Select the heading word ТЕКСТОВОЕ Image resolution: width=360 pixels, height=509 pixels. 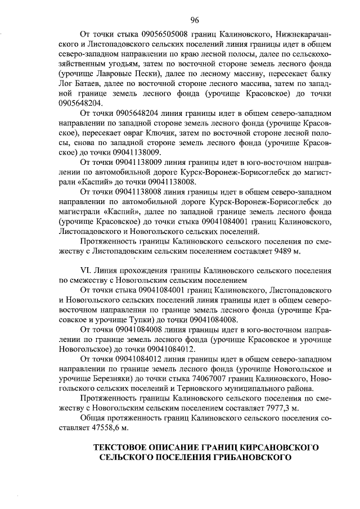pyautogui.click(x=125, y=448)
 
